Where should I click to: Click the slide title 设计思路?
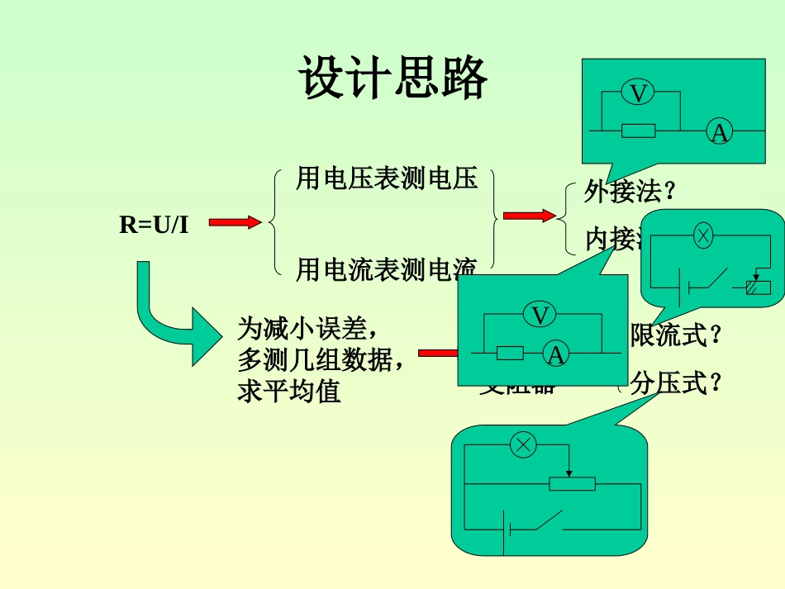[392, 79]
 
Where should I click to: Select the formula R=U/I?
[154, 224]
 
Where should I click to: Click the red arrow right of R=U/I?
[235, 222]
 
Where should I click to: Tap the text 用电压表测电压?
[387, 178]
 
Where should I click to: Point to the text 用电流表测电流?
[387, 268]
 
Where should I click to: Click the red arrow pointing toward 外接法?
[529, 216]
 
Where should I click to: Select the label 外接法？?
[630, 192]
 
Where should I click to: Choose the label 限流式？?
[676, 335]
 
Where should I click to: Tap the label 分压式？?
[676, 384]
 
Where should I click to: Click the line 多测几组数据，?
[321, 360]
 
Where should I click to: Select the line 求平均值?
[289, 392]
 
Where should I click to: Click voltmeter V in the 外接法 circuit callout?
[637, 93]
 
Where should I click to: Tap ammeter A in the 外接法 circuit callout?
[720, 131]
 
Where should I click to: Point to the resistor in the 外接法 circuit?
[638, 131]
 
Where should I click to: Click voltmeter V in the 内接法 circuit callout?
[540, 315]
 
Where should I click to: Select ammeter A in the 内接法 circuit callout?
[557, 354]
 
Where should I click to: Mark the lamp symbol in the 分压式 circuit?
[523, 445]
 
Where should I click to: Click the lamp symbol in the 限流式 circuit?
[702, 235]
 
